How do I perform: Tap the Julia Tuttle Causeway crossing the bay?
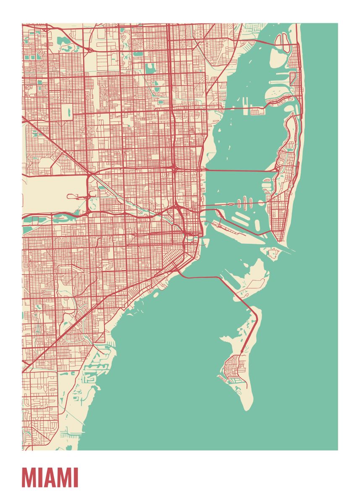[x=239, y=170]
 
